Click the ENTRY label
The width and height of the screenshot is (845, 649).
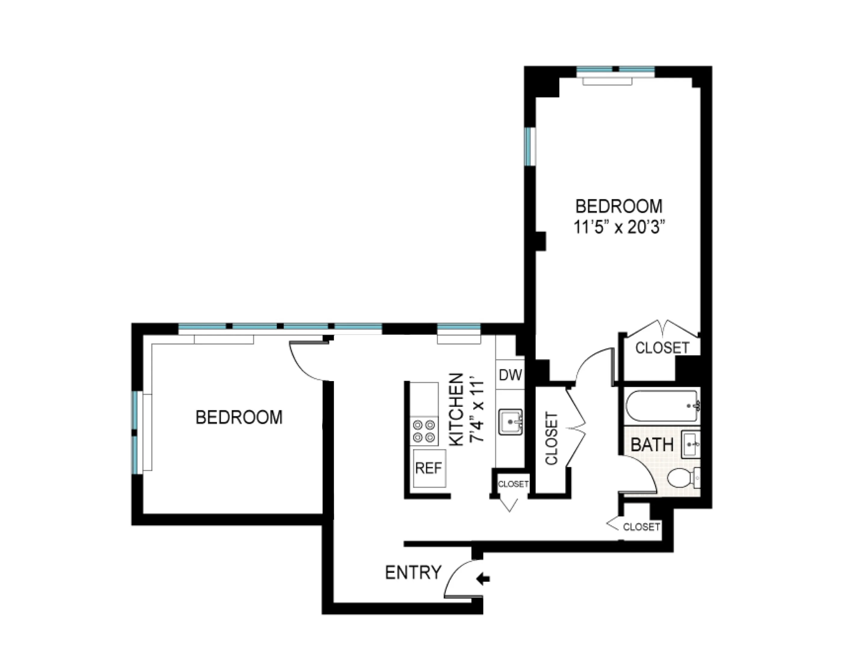(x=413, y=573)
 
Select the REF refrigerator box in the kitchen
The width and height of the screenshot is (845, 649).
(x=428, y=468)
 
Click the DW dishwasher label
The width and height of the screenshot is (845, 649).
(x=510, y=375)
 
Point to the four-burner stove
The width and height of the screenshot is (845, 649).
(x=424, y=431)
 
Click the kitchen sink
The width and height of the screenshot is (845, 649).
(x=510, y=422)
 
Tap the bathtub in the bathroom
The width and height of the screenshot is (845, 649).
(x=662, y=406)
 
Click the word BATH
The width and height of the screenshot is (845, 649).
(x=652, y=445)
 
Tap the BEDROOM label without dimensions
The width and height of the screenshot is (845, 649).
(x=239, y=417)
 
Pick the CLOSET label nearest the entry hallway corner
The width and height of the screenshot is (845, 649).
(x=641, y=527)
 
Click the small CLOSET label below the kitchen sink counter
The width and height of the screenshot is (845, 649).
(x=513, y=484)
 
